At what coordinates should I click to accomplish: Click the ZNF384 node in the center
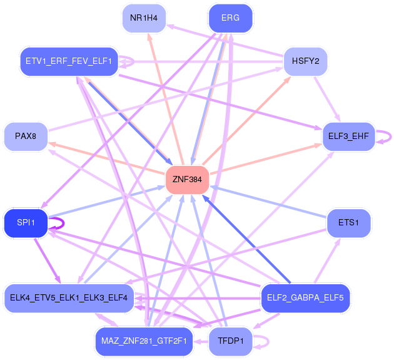(x=187, y=180)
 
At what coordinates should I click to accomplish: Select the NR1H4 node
(x=144, y=18)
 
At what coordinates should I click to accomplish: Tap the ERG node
(x=230, y=18)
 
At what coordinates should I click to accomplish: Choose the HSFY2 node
(x=305, y=61)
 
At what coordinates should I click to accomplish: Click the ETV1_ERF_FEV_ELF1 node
(x=69, y=61)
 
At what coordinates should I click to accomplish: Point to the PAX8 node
(x=26, y=136)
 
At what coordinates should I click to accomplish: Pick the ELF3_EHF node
(x=348, y=136)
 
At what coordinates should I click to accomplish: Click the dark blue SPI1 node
(x=26, y=223)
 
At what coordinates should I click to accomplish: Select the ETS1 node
(x=348, y=223)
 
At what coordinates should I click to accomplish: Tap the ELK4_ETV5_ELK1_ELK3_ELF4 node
(x=69, y=297)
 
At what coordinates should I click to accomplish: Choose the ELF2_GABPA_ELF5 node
(x=305, y=297)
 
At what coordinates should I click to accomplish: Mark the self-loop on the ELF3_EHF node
(x=388, y=136)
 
